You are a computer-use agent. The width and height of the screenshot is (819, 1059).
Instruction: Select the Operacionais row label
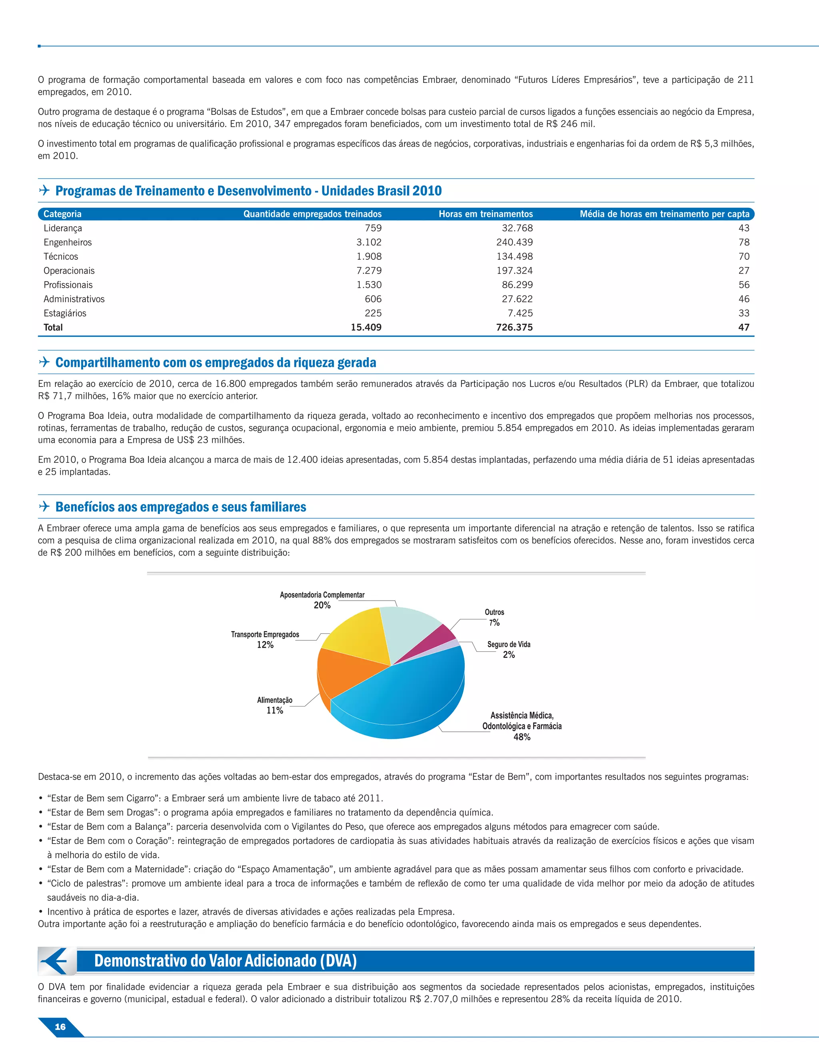69,271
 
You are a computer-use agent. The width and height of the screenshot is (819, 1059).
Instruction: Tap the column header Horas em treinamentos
485,214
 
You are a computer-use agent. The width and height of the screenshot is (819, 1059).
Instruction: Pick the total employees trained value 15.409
366,327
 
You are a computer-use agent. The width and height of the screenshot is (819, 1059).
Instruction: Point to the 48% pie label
521,737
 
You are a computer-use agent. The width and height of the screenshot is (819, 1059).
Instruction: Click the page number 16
60,1027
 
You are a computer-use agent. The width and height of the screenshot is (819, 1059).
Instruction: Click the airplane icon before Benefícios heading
44,507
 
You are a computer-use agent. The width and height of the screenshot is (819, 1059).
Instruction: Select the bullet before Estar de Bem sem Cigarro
41,798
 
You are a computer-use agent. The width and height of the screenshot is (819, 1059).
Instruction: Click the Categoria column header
62,214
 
